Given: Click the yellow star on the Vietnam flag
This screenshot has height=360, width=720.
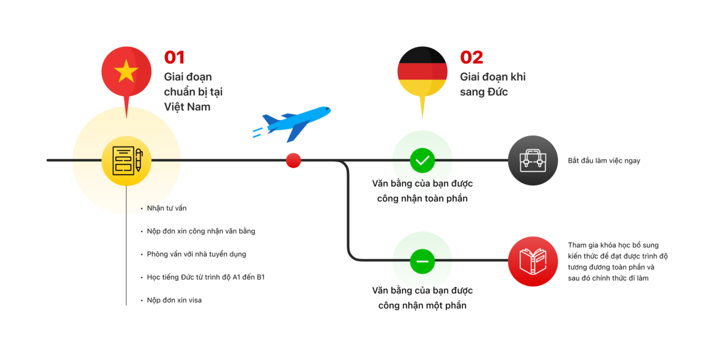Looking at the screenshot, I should coord(126,71).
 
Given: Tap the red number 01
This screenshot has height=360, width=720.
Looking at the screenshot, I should coord(175,58).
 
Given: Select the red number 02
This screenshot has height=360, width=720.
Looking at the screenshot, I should coord(472,58).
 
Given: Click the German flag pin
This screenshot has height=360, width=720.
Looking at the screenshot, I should coord(422,73).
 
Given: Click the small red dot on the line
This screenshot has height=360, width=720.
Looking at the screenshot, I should coord(293,160).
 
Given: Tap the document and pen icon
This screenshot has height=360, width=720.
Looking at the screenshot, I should coord(127,160).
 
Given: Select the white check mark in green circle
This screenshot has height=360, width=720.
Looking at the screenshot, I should coord(422,160).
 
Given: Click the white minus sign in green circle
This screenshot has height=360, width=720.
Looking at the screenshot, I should coord(422,261).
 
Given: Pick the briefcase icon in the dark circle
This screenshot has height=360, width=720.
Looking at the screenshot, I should coord(533,160).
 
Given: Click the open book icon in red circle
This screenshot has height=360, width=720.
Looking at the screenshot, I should coord(533,261).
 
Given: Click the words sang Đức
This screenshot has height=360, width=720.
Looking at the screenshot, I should coord(484,92).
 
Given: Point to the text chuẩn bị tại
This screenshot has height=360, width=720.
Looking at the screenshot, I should coord(193,92).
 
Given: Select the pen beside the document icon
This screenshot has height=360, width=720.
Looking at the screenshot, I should coord(139,160).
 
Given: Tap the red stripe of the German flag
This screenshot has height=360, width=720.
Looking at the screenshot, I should coord(422,71).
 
